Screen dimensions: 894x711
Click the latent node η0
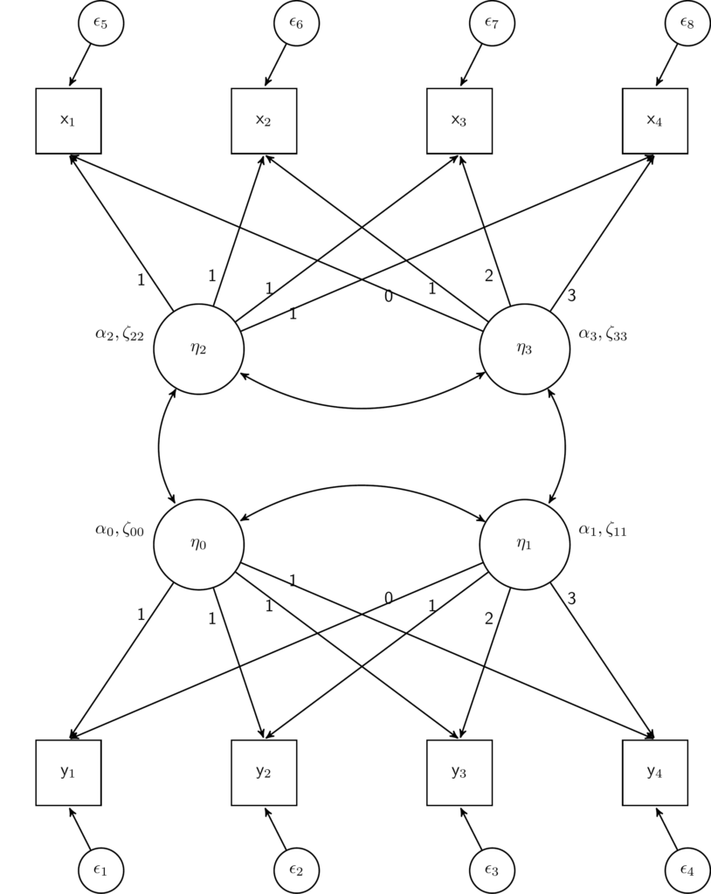pos(198,544)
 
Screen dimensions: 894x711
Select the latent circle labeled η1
pos(524,544)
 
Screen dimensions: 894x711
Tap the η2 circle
pos(198,349)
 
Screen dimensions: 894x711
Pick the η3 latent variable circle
pos(524,349)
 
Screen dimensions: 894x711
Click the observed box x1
pos(68,120)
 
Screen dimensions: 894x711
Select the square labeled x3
pos(459,120)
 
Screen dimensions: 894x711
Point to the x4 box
pos(655,120)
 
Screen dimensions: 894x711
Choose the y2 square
pos(264,773)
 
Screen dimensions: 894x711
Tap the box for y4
pos(655,773)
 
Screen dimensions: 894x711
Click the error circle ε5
pos(100,24)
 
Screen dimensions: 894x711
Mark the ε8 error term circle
pos(687,24)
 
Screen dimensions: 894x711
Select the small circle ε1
pos(100,870)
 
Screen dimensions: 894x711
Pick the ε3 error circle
pos(492,870)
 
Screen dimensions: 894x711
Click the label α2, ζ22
pos(120,334)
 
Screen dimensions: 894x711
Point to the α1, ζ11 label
pos(603,529)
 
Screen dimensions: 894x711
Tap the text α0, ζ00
pos(120,529)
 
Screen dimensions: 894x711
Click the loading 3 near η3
pos(572,296)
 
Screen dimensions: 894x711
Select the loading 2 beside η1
pos(489,619)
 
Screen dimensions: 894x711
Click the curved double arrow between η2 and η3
pos(362,407)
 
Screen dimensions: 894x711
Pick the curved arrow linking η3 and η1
pos(564,447)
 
